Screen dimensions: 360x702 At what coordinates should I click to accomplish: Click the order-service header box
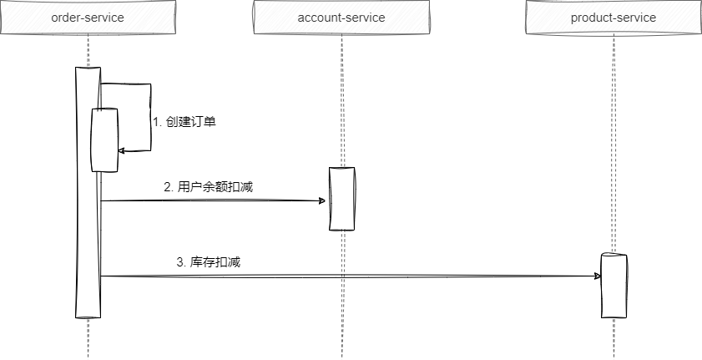coord(88,18)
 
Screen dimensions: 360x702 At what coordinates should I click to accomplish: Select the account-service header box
coord(341,18)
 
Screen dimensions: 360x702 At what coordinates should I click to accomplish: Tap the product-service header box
coord(613,18)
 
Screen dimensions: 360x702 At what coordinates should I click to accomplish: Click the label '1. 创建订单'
coord(185,121)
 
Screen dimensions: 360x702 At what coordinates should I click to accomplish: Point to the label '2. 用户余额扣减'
coord(209,187)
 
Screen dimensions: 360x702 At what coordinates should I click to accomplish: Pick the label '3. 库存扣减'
coord(209,261)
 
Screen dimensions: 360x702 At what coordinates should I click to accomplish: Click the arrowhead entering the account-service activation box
coord(321,200)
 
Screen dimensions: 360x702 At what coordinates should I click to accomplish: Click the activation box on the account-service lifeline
coord(341,198)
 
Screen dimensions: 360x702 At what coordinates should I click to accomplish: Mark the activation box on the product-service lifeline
coord(613,285)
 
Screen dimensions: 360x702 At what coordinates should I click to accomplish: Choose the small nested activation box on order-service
coord(104,139)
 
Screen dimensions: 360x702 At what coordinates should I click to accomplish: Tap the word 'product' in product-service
coord(591,18)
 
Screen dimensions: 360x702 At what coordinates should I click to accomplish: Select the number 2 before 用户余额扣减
coord(167,187)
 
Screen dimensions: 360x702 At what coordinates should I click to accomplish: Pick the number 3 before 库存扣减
coord(180,261)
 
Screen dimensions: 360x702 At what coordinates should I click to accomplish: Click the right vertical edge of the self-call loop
coord(150,117)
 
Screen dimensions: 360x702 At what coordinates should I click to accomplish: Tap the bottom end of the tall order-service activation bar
coord(88,316)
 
